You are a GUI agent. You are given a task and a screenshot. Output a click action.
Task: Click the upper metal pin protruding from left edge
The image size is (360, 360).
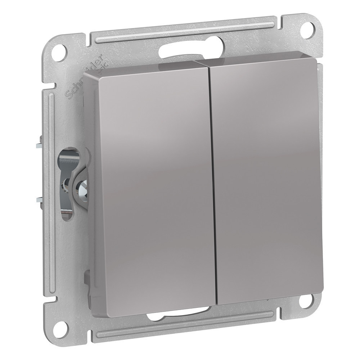[39, 146]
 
